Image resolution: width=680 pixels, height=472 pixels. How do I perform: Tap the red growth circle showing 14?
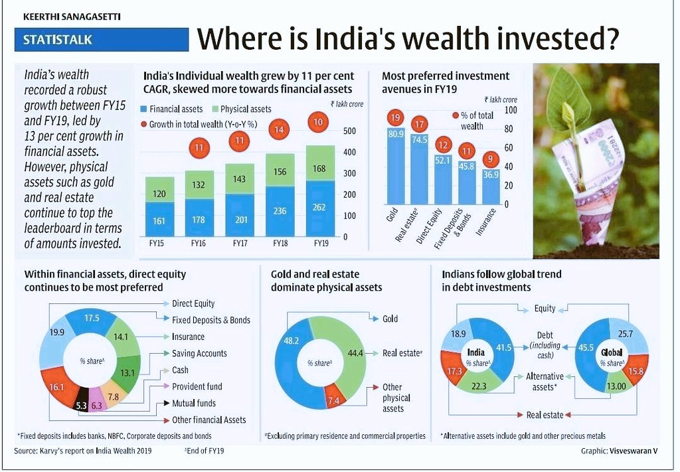click(x=280, y=130)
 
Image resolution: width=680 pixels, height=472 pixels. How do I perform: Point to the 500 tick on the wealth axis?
click(x=349, y=131)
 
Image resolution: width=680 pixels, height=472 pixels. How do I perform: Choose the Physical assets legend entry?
click(x=241, y=109)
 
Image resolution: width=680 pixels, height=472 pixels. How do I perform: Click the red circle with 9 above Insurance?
click(x=491, y=159)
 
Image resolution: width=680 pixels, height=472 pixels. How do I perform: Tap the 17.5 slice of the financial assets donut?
click(x=92, y=319)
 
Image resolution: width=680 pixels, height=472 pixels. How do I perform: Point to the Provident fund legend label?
click(x=197, y=386)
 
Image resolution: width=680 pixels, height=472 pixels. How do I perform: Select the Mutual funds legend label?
click(x=193, y=403)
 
